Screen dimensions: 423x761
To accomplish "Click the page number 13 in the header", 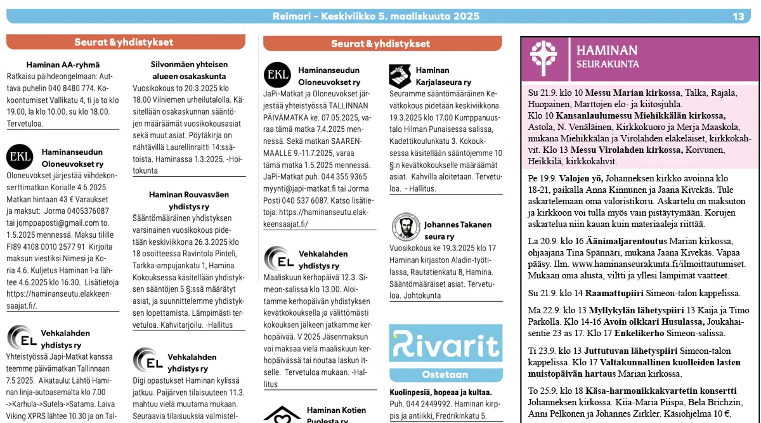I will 738,16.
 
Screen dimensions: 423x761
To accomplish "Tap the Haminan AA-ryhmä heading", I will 63,64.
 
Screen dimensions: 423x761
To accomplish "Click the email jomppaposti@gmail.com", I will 54,223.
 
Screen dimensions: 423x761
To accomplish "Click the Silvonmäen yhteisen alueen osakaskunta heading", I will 189,70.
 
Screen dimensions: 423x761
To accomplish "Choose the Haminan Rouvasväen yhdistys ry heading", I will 189,200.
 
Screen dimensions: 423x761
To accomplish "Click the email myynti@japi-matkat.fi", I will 306,188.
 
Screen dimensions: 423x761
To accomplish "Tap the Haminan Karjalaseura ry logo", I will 400,76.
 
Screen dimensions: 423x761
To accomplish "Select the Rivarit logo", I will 445,343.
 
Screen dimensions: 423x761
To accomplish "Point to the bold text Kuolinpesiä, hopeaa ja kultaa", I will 441,392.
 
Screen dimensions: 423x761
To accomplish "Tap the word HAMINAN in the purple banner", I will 607,51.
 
